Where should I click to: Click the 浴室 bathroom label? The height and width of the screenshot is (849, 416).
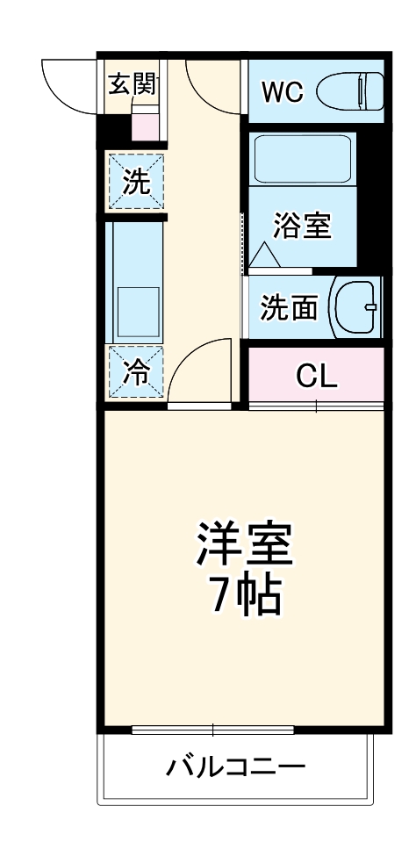[x=302, y=226]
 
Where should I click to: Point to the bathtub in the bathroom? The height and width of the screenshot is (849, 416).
[x=302, y=158]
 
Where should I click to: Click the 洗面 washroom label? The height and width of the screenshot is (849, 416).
[x=288, y=308]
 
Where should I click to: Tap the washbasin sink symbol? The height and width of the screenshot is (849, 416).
[x=355, y=306]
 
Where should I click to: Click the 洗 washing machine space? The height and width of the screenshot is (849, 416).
[x=136, y=182]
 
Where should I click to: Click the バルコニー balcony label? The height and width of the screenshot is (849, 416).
[x=236, y=767]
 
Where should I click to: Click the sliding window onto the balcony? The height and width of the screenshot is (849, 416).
[x=213, y=729]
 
